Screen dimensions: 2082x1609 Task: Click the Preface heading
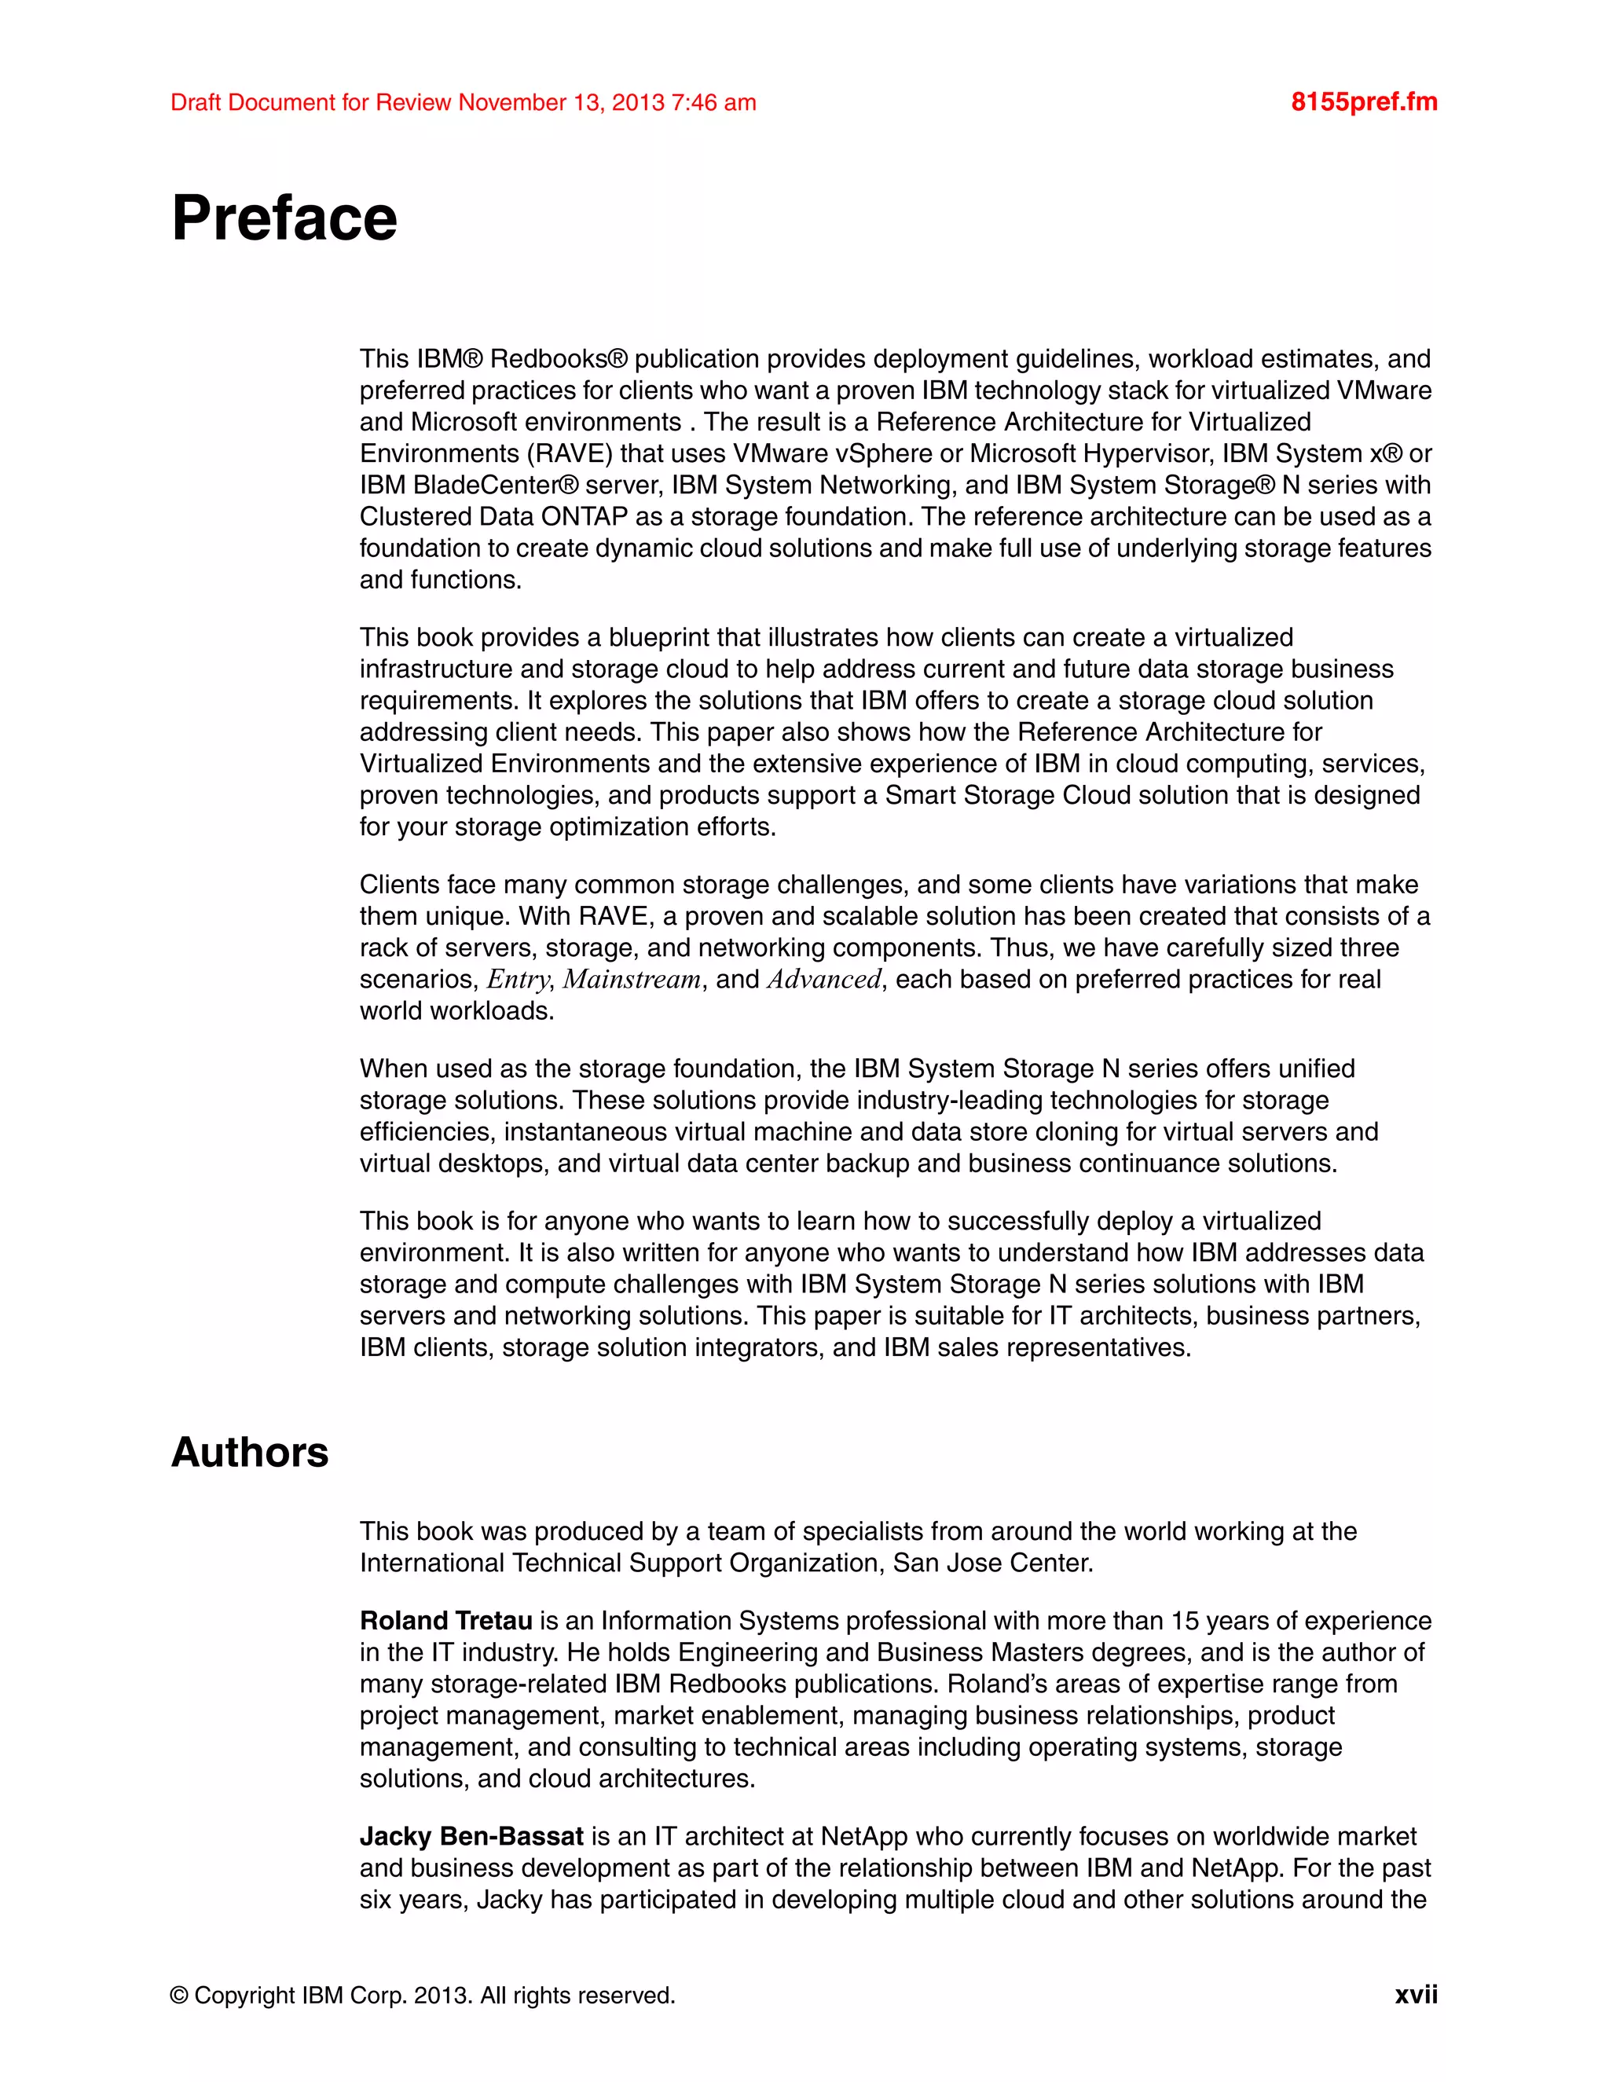tap(284, 218)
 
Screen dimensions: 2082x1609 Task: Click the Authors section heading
tap(250, 1452)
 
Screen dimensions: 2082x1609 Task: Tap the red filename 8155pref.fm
tap(1364, 102)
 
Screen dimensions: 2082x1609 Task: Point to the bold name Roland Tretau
tap(445, 1621)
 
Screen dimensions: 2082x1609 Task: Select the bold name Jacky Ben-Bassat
tap(471, 1836)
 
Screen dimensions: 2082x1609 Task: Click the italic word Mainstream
tap(632, 979)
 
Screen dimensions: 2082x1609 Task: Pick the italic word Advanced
tap(824, 979)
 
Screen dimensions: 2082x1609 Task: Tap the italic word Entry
tap(519, 979)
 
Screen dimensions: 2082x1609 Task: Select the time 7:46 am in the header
tap(714, 102)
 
